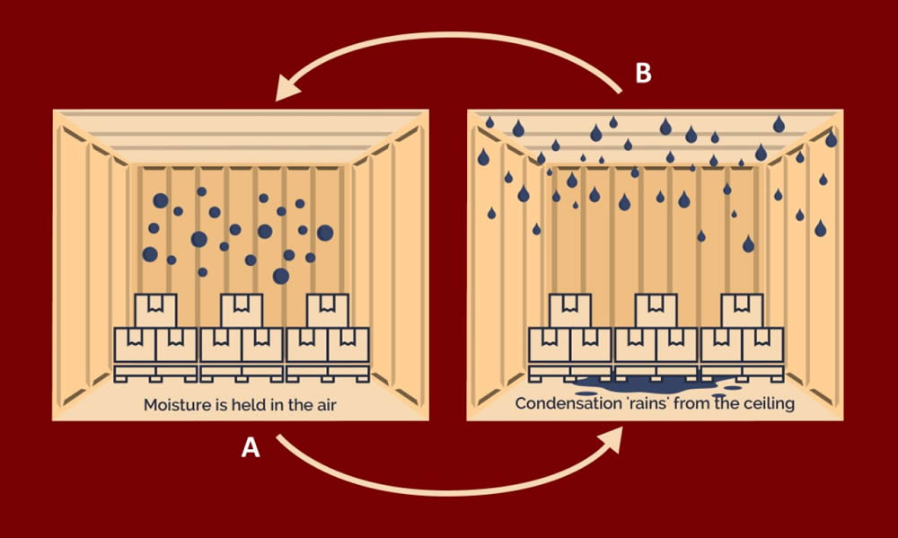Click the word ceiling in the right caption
(x=769, y=404)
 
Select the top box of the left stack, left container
(x=156, y=310)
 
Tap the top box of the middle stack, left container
(x=242, y=310)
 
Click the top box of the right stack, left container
(x=328, y=310)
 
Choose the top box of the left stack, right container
(x=570, y=310)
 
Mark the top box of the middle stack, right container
(x=656, y=310)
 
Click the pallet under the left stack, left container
(x=155, y=371)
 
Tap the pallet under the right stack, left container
(x=328, y=371)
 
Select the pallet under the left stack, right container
(x=570, y=371)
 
